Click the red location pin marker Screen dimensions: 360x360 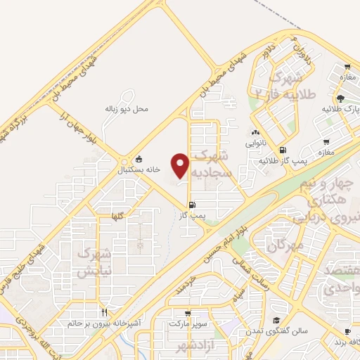pyautogui.click(x=181, y=165)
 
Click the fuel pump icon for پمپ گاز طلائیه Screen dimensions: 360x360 pyautogui.click(x=283, y=150)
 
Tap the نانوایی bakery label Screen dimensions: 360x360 pyautogui.click(x=255, y=142)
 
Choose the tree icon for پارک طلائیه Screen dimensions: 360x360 pyautogui.click(x=340, y=98)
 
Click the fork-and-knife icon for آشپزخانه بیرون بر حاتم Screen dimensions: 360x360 pyautogui.click(x=105, y=312)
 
